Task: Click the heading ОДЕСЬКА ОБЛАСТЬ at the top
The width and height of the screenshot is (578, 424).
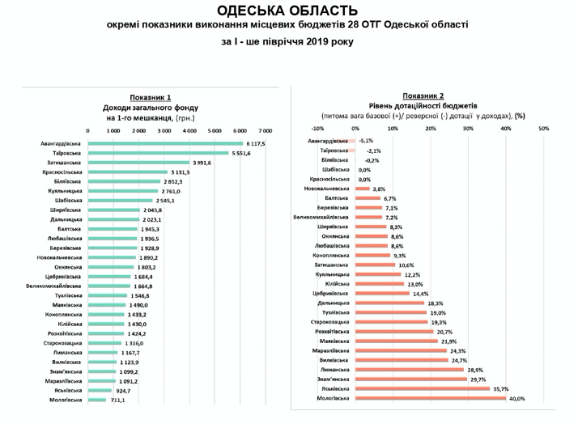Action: click(288, 11)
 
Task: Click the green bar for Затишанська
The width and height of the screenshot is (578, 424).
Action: click(138, 162)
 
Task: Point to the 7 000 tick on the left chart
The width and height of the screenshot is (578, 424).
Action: click(265, 129)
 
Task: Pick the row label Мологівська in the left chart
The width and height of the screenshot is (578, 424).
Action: click(64, 400)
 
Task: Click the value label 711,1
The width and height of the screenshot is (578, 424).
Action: click(117, 400)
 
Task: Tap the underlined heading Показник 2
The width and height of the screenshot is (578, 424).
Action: click(422, 95)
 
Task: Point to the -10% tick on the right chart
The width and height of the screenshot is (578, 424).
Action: click(317, 127)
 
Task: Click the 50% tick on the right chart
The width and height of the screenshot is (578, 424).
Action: click(543, 127)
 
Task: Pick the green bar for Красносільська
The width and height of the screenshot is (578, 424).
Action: click(127, 172)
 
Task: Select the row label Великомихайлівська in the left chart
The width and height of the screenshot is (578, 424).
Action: click(53, 286)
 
